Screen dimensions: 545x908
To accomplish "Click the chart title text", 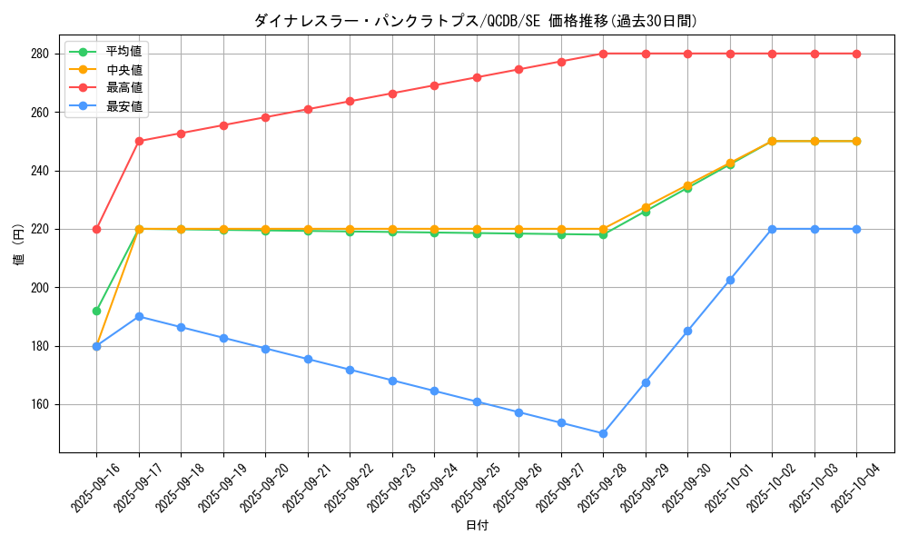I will (476, 21).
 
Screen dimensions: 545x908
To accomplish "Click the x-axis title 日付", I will (477, 526).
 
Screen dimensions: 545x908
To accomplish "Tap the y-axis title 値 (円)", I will (18, 244).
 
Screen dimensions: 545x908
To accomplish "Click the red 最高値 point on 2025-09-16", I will (96, 229).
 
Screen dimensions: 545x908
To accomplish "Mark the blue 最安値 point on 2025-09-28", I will (603, 433).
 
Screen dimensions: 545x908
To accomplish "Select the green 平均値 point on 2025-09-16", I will (96, 311).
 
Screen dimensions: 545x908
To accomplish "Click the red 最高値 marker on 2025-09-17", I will (139, 141).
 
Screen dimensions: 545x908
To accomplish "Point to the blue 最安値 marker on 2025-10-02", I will (772, 229).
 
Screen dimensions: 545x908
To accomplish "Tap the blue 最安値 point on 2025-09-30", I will (687, 331).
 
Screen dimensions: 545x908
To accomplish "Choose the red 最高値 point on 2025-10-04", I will (856, 54).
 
